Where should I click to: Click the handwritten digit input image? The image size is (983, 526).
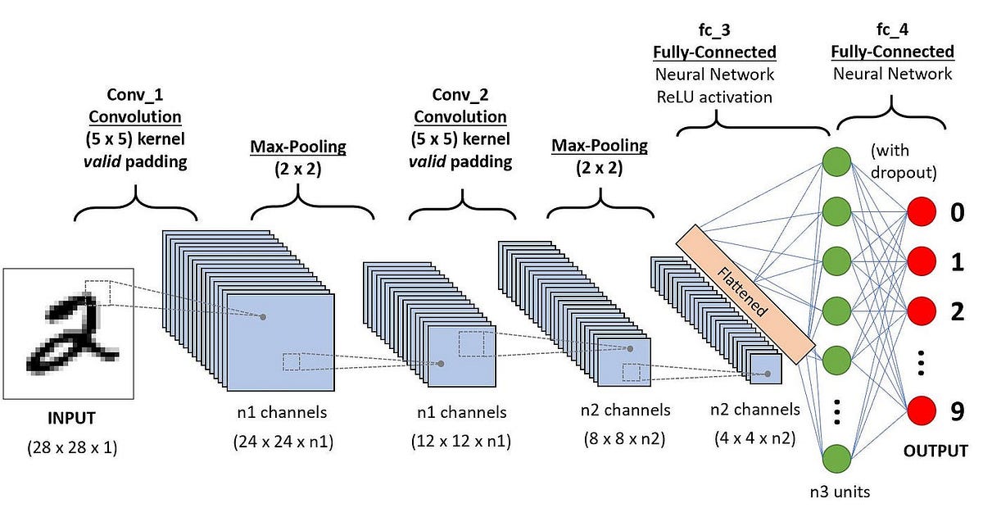[x=69, y=331]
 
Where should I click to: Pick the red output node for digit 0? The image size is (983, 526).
[x=922, y=215]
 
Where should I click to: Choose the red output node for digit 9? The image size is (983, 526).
[x=922, y=410]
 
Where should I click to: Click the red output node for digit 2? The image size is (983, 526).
[x=922, y=311]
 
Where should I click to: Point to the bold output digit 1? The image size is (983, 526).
[x=956, y=264]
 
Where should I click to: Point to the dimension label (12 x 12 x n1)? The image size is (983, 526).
[x=460, y=442]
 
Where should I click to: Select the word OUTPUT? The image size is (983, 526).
[x=935, y=451]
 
